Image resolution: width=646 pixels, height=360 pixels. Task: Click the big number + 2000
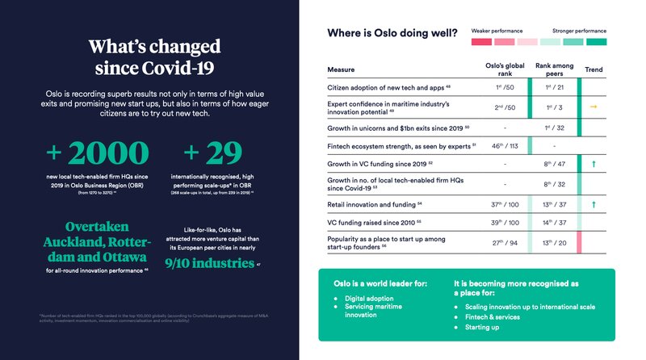click(97, 153)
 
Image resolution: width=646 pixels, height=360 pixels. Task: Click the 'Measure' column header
click(342, 70)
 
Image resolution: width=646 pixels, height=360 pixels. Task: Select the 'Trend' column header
click(594, 70)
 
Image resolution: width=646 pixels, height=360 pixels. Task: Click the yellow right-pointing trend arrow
click(594, 107)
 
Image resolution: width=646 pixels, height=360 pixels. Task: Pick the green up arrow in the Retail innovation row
click(594, 205)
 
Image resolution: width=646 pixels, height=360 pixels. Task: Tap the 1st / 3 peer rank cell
click(553, 107)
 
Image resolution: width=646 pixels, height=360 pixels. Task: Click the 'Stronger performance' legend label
click(580, 30)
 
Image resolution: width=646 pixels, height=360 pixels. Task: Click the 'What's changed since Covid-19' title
click(153, 54)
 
